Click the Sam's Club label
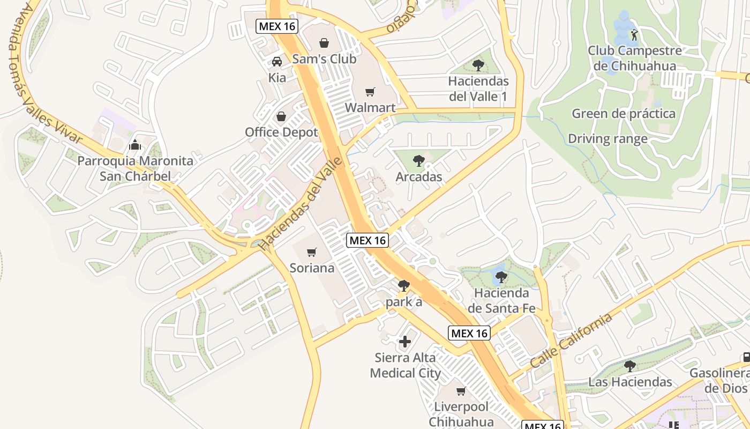coord(324,59)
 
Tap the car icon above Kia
coord(277,61)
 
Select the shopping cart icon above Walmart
coord(370,92)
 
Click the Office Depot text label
coord(281,132)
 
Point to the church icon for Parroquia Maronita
coord(135,145)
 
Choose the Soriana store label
coord(312,268)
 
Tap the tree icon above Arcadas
coord(419,160)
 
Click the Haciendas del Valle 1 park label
coord(478,89)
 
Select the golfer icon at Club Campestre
coord(634,35)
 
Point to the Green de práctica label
coord(624,114)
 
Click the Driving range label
coord(607,139)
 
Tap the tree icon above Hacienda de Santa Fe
coord(501,277)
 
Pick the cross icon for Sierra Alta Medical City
coord(405,341)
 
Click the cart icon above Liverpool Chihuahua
coord(461,391)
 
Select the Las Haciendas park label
coord(630,382)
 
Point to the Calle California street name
coord(571,341)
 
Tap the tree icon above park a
coord(404,286)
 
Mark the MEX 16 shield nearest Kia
coord(276,26)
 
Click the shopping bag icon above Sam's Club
coord(324,43)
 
